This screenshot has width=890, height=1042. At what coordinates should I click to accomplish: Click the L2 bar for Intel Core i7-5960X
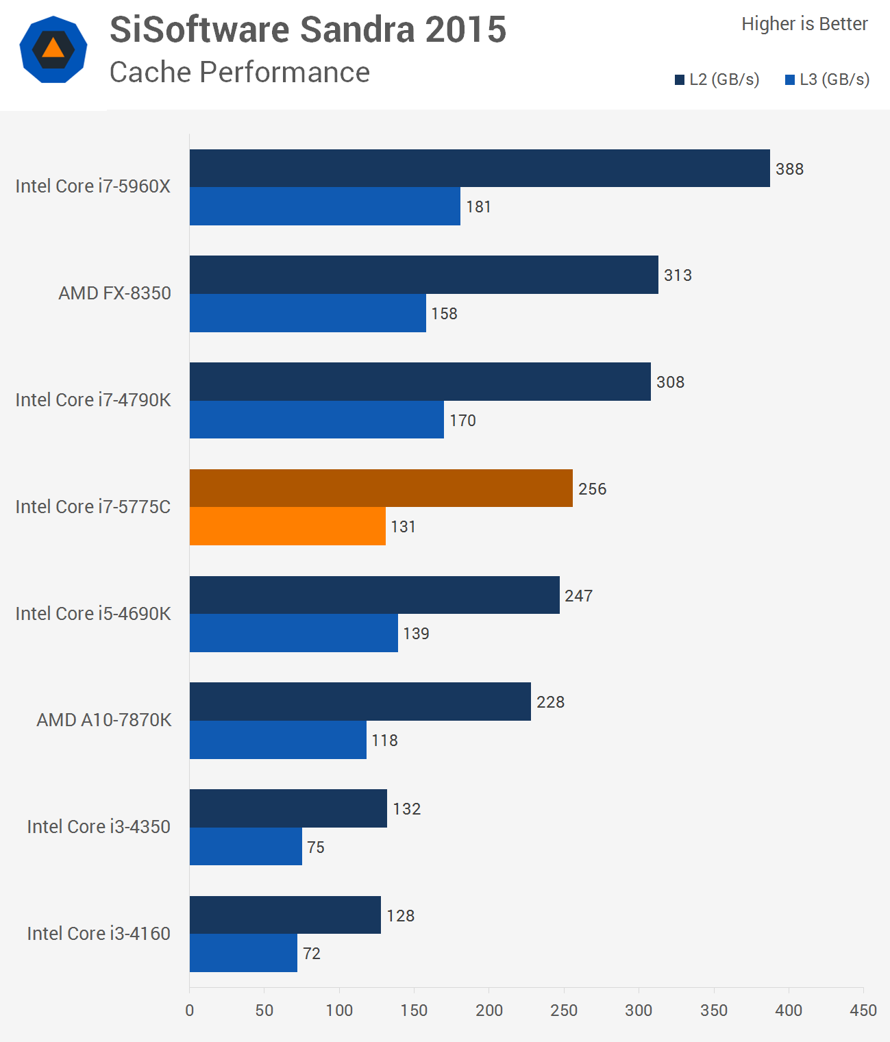[x=480, y=169]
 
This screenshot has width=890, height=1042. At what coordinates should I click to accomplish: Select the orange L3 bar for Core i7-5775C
[x=288, y=526]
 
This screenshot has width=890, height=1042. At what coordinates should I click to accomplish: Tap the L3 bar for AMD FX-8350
[x=308, y=313]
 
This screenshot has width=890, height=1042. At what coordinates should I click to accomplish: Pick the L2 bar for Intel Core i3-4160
[x=285, y=915]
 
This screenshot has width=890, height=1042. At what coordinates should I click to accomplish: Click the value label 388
[x=789, y=169]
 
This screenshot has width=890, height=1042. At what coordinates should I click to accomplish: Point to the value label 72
[x=312, y=954]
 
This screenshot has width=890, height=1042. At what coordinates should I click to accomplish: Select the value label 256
[x=592, y=489]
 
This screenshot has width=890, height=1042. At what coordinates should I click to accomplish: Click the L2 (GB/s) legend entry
[x=717, y=79]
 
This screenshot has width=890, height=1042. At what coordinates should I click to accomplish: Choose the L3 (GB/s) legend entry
[x=827, y=79]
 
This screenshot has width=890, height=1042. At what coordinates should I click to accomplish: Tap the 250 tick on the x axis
[x=564, y=1010]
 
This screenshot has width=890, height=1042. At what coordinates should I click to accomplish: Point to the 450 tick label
[x=863, y=1010]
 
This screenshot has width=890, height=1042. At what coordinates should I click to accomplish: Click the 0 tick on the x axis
[x=190, y=1010]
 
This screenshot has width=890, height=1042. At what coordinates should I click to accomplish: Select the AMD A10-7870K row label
[x=104, y=720]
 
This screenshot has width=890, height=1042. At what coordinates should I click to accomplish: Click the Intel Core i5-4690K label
[x=93, y=613]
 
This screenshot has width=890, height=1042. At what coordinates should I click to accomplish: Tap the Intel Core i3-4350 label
[x=99, y=827]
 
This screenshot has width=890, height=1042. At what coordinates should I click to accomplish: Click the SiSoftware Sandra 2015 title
[x=308, y=29]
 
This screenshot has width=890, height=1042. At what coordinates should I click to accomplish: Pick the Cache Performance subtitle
[x=240, y=72]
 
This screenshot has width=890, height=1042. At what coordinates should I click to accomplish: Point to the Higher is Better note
[x=804, y=24]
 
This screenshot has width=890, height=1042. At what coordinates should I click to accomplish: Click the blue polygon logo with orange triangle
[x=53, y=49]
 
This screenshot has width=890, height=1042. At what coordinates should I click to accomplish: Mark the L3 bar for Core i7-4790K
[x=317, y=420]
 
